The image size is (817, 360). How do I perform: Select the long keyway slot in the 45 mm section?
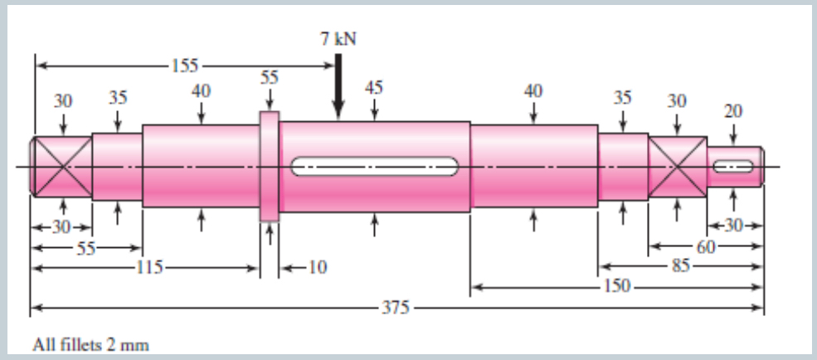(x=375, y=166)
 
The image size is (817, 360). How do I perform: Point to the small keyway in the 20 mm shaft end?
(x=733, y=167)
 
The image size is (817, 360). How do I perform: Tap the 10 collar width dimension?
(x=317, y=267)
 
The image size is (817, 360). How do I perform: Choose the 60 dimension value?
(x=704, y=246)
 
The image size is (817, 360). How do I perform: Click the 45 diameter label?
(x=374, y=86)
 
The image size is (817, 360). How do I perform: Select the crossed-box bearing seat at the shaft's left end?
(x=61, y=166)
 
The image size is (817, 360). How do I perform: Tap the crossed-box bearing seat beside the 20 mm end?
(x=677, y=166)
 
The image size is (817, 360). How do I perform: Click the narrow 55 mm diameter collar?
(x=270, y=167)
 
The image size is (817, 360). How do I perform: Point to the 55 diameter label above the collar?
(x=269, y=77)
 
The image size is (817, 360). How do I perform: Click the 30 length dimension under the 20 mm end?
(x=733, y=226)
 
